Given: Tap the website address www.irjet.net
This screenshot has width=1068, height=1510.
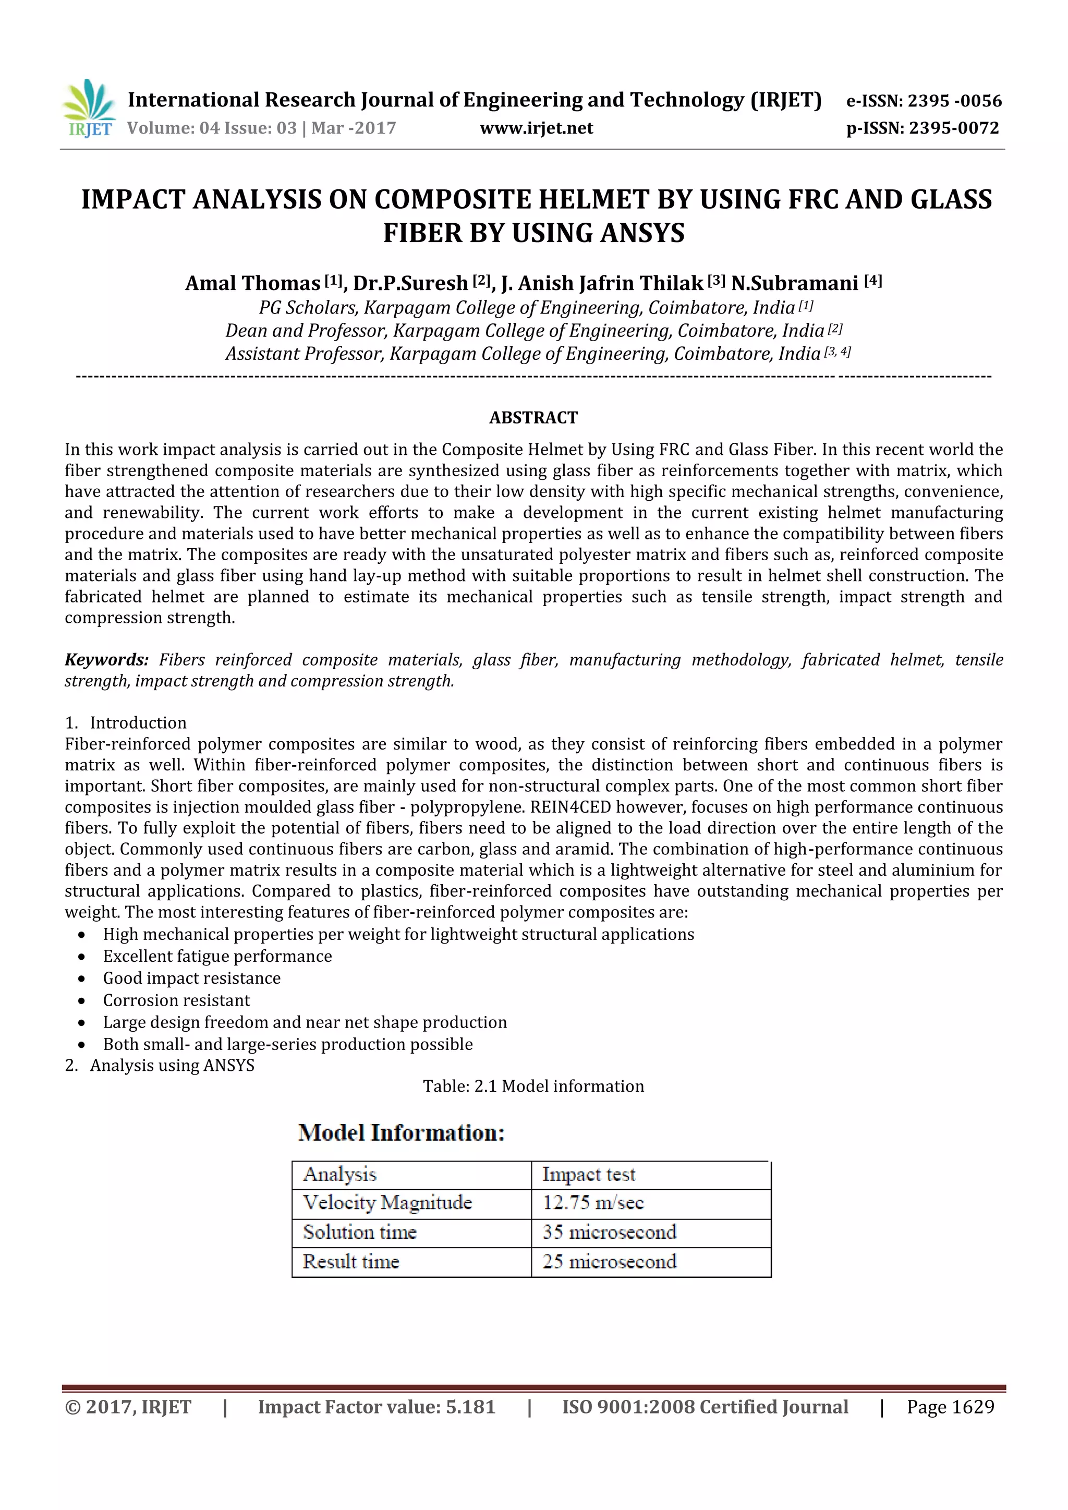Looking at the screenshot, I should [x=536, y=128].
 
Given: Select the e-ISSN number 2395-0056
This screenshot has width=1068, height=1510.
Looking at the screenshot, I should [x=954, y=101].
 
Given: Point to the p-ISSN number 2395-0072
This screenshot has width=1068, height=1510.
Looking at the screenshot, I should [x=954, y=128].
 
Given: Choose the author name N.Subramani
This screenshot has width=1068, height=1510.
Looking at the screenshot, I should [x=794, y=283].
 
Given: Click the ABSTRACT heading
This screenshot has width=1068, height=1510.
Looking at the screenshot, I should [x=533, y=418].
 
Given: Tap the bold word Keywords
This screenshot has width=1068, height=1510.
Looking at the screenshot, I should [x=106, y=660].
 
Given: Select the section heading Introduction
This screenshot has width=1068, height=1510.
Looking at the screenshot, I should [x=138, y=723].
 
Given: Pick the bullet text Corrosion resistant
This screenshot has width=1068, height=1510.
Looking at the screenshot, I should [x=176, y=1000].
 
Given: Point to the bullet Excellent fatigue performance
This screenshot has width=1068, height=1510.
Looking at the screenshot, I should [x=217, y=956].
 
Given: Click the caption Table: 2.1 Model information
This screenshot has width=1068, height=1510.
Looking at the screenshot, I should [x=533, y=1086].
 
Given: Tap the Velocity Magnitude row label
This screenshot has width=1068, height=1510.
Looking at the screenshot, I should [x=387, y=1203].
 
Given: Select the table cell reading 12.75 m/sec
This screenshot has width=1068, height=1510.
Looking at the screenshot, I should [x=592, y=1203].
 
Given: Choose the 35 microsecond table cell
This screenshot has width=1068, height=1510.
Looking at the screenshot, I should [x=609, y=1232].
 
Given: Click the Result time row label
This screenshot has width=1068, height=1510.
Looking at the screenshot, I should [x=350, y=1261].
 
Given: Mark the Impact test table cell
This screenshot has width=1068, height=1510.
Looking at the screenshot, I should [x=589, y=1175].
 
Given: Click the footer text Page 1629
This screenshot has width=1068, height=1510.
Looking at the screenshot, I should [x=950, y=1407].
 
